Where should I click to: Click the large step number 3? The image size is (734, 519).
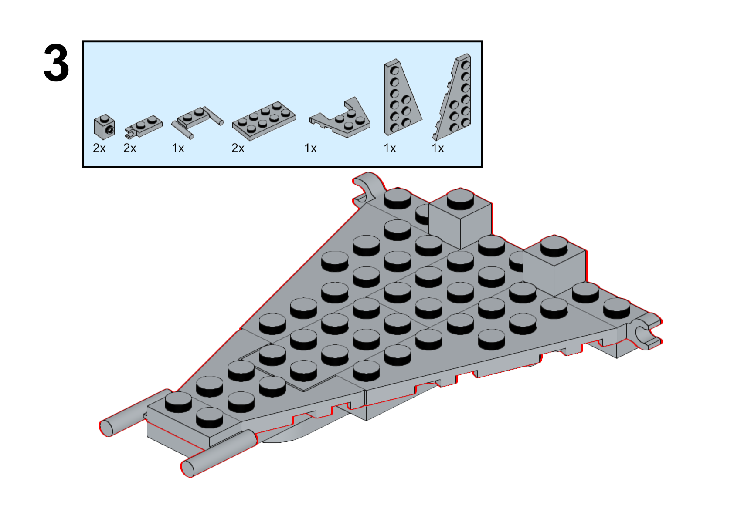[x=56, y=63]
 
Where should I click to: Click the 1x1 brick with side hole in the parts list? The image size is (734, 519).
[x=105, y=127]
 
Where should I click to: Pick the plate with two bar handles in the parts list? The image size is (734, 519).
[x=197, y=122]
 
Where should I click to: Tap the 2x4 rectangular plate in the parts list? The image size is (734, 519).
[x=264, y=121]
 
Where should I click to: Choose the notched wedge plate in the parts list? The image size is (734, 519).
[x=340, y=118]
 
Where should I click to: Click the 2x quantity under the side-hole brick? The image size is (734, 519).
[x=99, y=148]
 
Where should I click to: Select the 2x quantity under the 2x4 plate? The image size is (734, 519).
[x=238, y=148]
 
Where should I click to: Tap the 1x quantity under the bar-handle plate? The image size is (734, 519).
[x=178, y=148]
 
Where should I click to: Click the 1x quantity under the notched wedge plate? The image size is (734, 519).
[x=310, y=148]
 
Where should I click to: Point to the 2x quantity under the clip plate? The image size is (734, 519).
[x=130, y=148]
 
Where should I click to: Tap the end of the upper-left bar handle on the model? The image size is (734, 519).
[x=106, y=428]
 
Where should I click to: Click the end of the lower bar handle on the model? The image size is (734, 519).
[x=188, y=468]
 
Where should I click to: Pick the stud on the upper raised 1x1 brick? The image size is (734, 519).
[x=460, y=199]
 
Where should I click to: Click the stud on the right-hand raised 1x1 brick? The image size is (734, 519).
[x=554, y=246]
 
